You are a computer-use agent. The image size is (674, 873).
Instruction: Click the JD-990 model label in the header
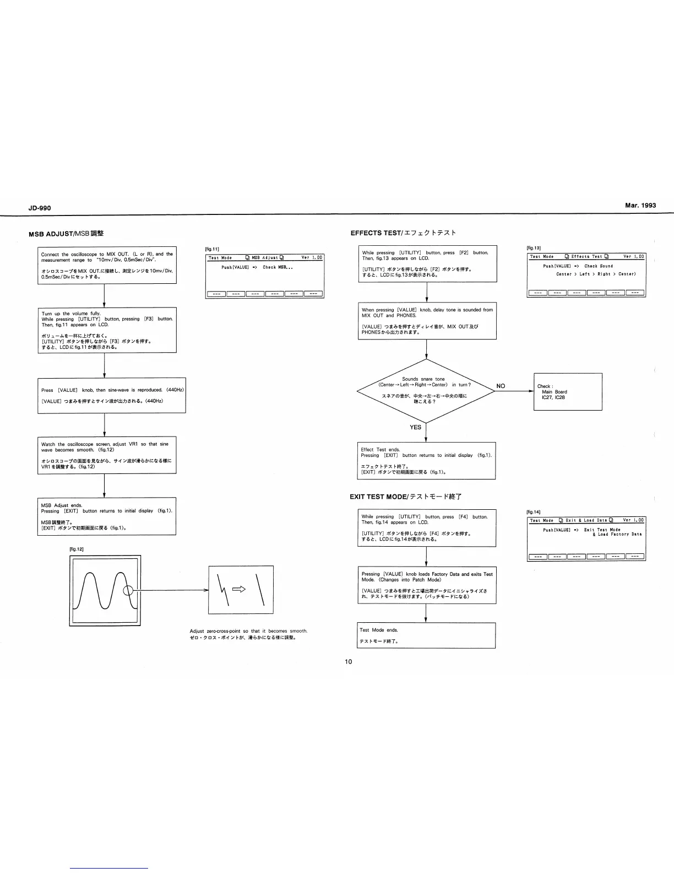pyautogui.click(x=39, y=208)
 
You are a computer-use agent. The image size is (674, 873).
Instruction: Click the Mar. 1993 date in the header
pyautogui.click(x=640, y=205)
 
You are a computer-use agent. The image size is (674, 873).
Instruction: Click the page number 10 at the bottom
pyautogui.click(x=348, y=661)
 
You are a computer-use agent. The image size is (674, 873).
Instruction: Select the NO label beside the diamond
pyautogui.click(x=501, y=386)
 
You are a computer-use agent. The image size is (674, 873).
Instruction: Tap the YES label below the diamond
pyautogui.click(x=415, y=427)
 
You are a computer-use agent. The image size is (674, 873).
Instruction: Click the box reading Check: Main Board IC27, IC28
pyautogui.click(x=568, y=391)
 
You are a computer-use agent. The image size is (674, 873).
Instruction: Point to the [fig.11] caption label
pyautogui.click(x=212, y=249)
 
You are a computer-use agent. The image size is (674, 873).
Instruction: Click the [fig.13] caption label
pyautogui.click(x=534, y=248)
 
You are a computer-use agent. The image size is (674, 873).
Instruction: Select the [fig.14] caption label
pyautogui.click(x=534, y=512)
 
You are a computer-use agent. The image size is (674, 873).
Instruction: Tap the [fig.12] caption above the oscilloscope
pyautogui.click(x=76, y=549)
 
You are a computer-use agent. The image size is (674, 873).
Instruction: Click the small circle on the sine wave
pyautogui.click(x=128, y=591)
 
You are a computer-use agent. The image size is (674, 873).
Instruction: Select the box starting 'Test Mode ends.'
pyautogui.click(x=426, y=635)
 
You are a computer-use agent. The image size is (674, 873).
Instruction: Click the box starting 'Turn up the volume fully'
pyautogui.click(x=107, y=330)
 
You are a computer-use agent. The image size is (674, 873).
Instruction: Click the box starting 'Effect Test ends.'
pyautogui.click(x=426, y=460)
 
